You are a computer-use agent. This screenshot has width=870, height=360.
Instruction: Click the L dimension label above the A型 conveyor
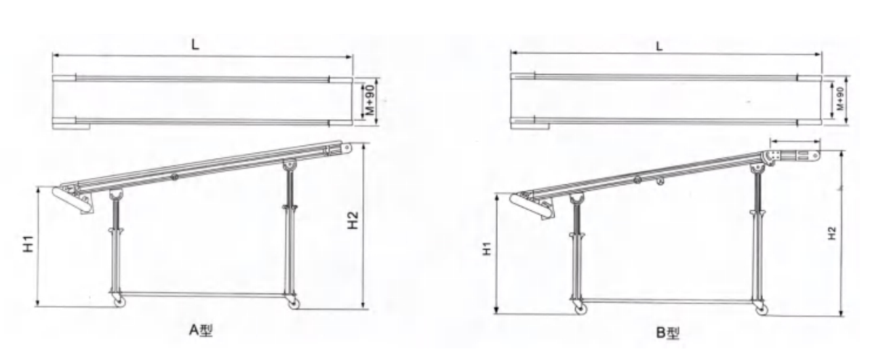[195, 44]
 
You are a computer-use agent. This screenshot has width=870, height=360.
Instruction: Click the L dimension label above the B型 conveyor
[659, 47]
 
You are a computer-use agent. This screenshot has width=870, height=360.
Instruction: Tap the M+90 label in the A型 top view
[370, 100]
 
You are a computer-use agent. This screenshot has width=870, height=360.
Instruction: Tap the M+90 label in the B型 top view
[840, 98]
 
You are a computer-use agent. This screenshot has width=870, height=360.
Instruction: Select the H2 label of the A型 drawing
[353, 220]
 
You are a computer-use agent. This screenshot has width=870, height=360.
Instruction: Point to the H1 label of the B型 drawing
[487, 249]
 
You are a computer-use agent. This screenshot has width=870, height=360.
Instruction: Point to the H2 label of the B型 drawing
[831, 233]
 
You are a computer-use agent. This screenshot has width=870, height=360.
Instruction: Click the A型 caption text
[201, 330]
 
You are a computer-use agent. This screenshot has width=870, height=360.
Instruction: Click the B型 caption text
[668, 333]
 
